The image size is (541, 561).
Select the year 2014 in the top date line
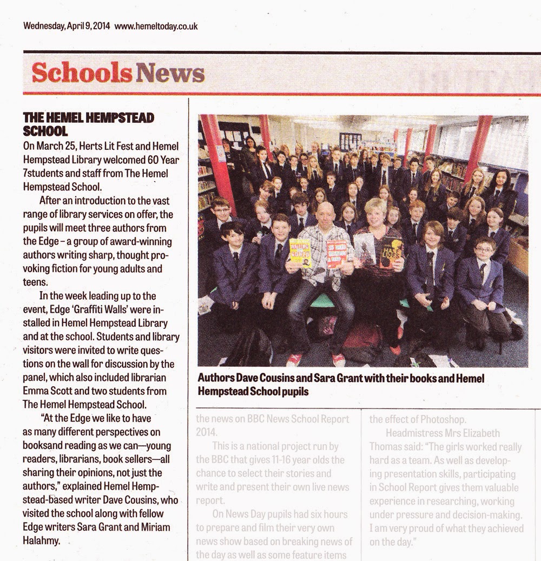[101, 25]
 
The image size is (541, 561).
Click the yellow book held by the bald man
[300, 252]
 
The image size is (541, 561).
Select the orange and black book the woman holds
[391, 252]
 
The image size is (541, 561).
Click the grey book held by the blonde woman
[365, 248]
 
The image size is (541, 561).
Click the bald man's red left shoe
[340, 360]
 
